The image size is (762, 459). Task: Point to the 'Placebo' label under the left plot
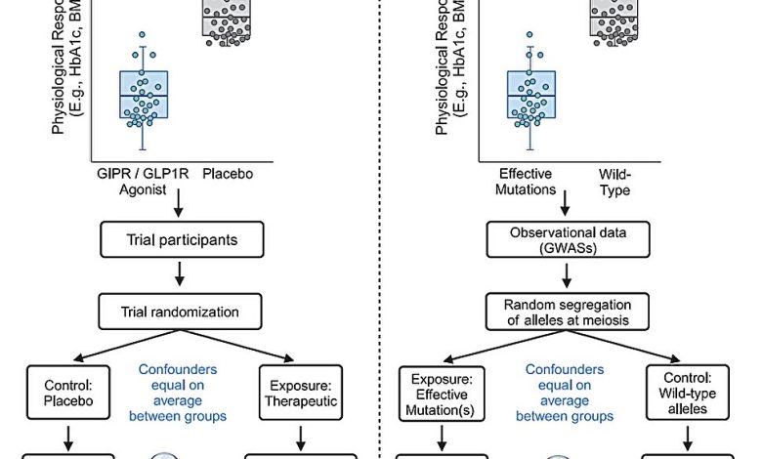pyautogui.click(x=228, y=174)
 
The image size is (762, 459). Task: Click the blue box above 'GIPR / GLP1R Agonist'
pyautogui.click(x=143, y=95)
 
